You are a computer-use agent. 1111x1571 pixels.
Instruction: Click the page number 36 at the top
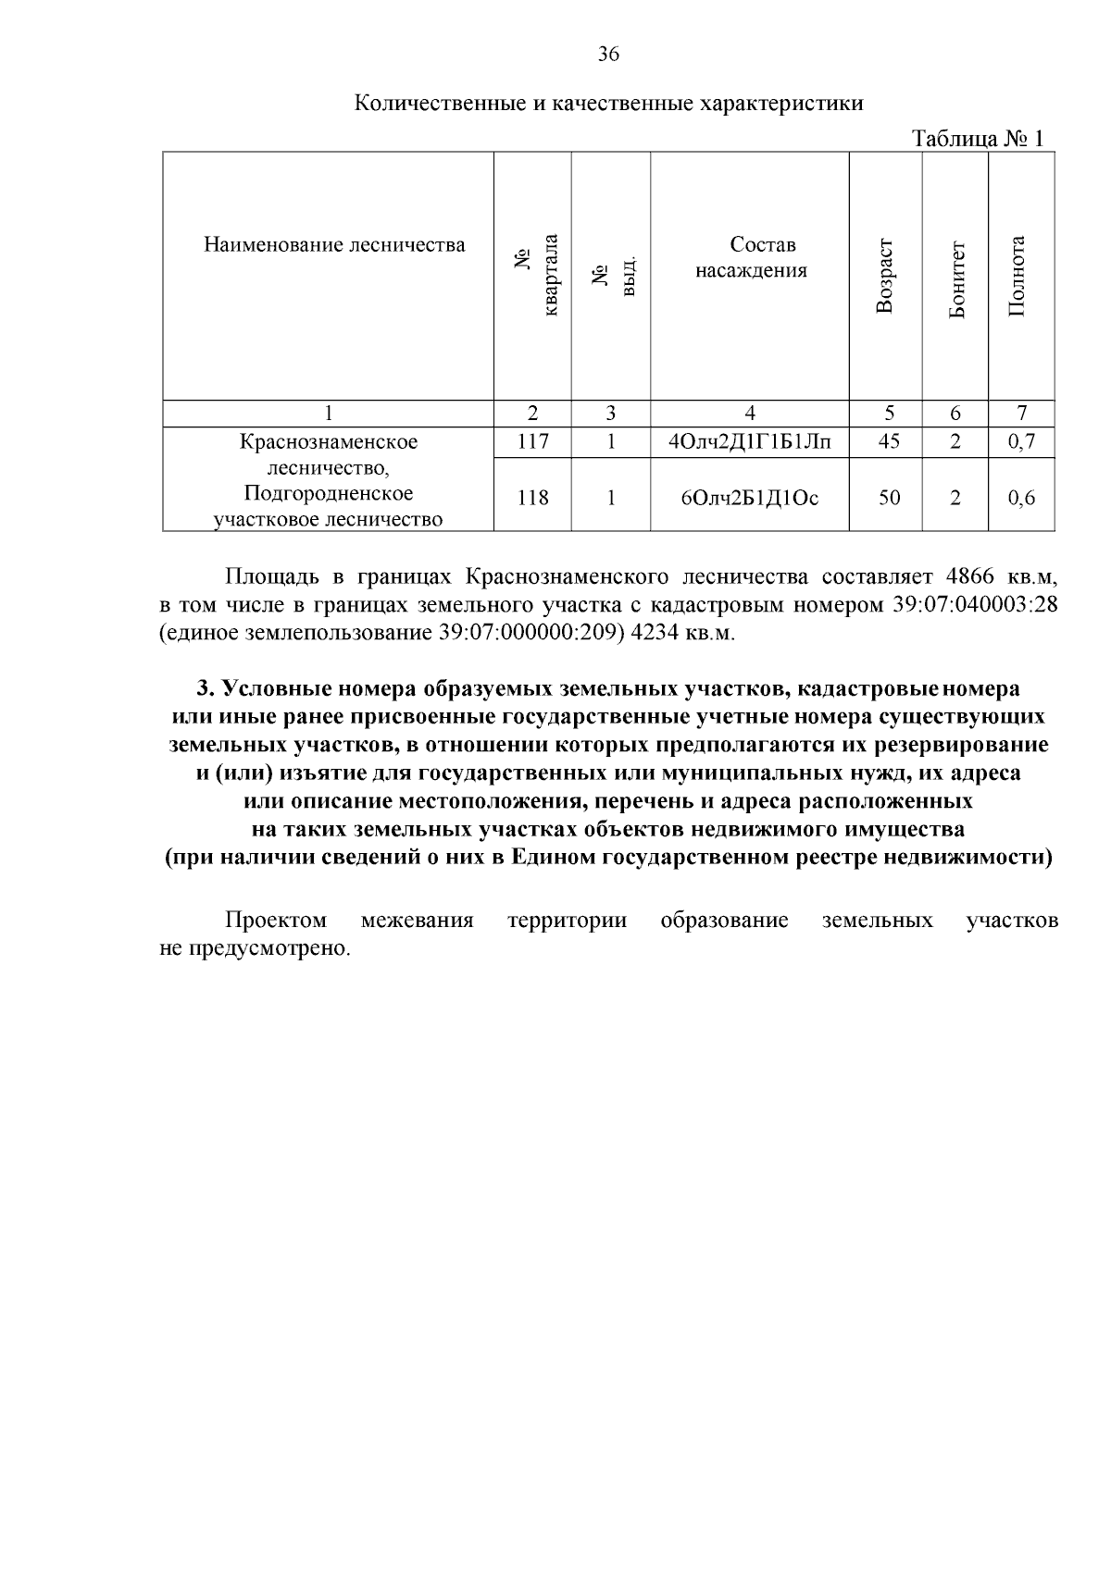point(608,55)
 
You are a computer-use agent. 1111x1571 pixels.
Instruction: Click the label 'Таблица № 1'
point(978,139)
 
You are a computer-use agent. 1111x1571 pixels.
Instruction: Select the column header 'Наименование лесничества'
point(334,245)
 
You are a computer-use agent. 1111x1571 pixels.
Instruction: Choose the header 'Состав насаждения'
point(751,258)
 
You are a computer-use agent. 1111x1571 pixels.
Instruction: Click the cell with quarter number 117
point(532,441)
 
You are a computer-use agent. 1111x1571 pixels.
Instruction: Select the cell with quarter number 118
point(532,498)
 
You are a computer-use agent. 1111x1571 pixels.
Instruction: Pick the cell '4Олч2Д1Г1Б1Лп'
point(750,441)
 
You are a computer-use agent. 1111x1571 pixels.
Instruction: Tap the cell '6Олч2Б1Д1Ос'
point(750,498)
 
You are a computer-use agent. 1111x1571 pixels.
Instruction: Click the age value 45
point(888,441)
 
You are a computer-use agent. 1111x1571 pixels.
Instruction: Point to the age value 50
point(888,498)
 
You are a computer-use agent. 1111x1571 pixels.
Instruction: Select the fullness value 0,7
point(1021,441)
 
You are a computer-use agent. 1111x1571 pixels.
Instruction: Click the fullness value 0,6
point(1021,498)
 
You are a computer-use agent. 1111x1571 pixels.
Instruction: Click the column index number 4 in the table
point(750,414)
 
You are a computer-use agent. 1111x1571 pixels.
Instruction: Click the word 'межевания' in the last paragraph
point(417,921)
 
